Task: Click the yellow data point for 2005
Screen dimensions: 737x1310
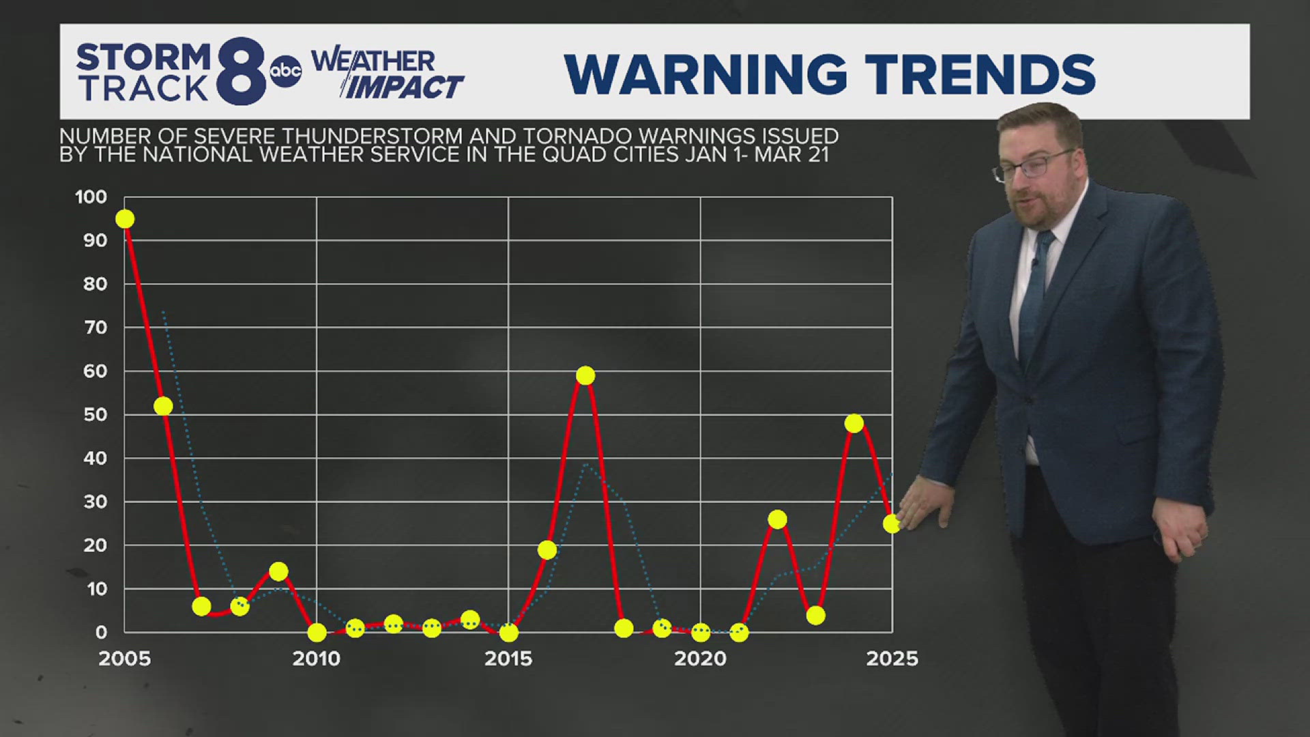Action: pyautogui.click(x=125, y=219)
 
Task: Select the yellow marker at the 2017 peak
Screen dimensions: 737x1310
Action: pyautogui.click(x=585, y=375)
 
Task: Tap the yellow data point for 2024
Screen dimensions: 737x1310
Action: pyautogui.click(x=854, y=423)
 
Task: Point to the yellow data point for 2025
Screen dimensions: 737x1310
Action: pyautogui.click(x=892, y=523)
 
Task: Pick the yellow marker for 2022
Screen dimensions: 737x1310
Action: pyautogui.click(x=777, y=519)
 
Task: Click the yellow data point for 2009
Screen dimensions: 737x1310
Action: pyautogui.click(x=278, y=571)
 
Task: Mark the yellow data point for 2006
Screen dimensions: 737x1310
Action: pyautogui.click(x=163, y=406)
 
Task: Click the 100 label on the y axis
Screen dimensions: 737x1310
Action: pyautogui.click(x=91, y=197)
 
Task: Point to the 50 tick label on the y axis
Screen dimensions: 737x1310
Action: pyautogui.click(x=96, y=415)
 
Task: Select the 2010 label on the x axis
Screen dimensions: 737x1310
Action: pyautogui.click(x=317, y=659)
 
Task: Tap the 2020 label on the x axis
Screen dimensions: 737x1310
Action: pyautogui.click(x=700, y=659)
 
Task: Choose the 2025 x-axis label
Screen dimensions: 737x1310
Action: pyautogui.click(x=892, y=659)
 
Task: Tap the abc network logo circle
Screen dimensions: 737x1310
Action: pyautogui.click(x=286, y=71)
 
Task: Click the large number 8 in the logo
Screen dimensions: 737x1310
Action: pyautogui.click(x=242, y=71)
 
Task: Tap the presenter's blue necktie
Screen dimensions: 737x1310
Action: pyautogui.click(x=1036, y=293)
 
